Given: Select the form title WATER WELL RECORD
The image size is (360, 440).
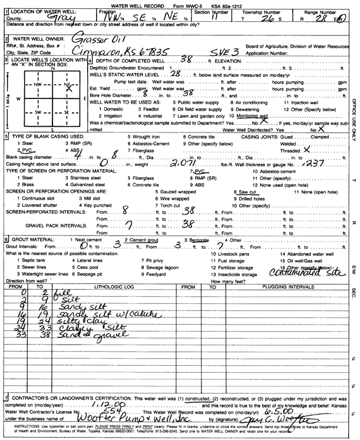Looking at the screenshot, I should pos(162,4).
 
